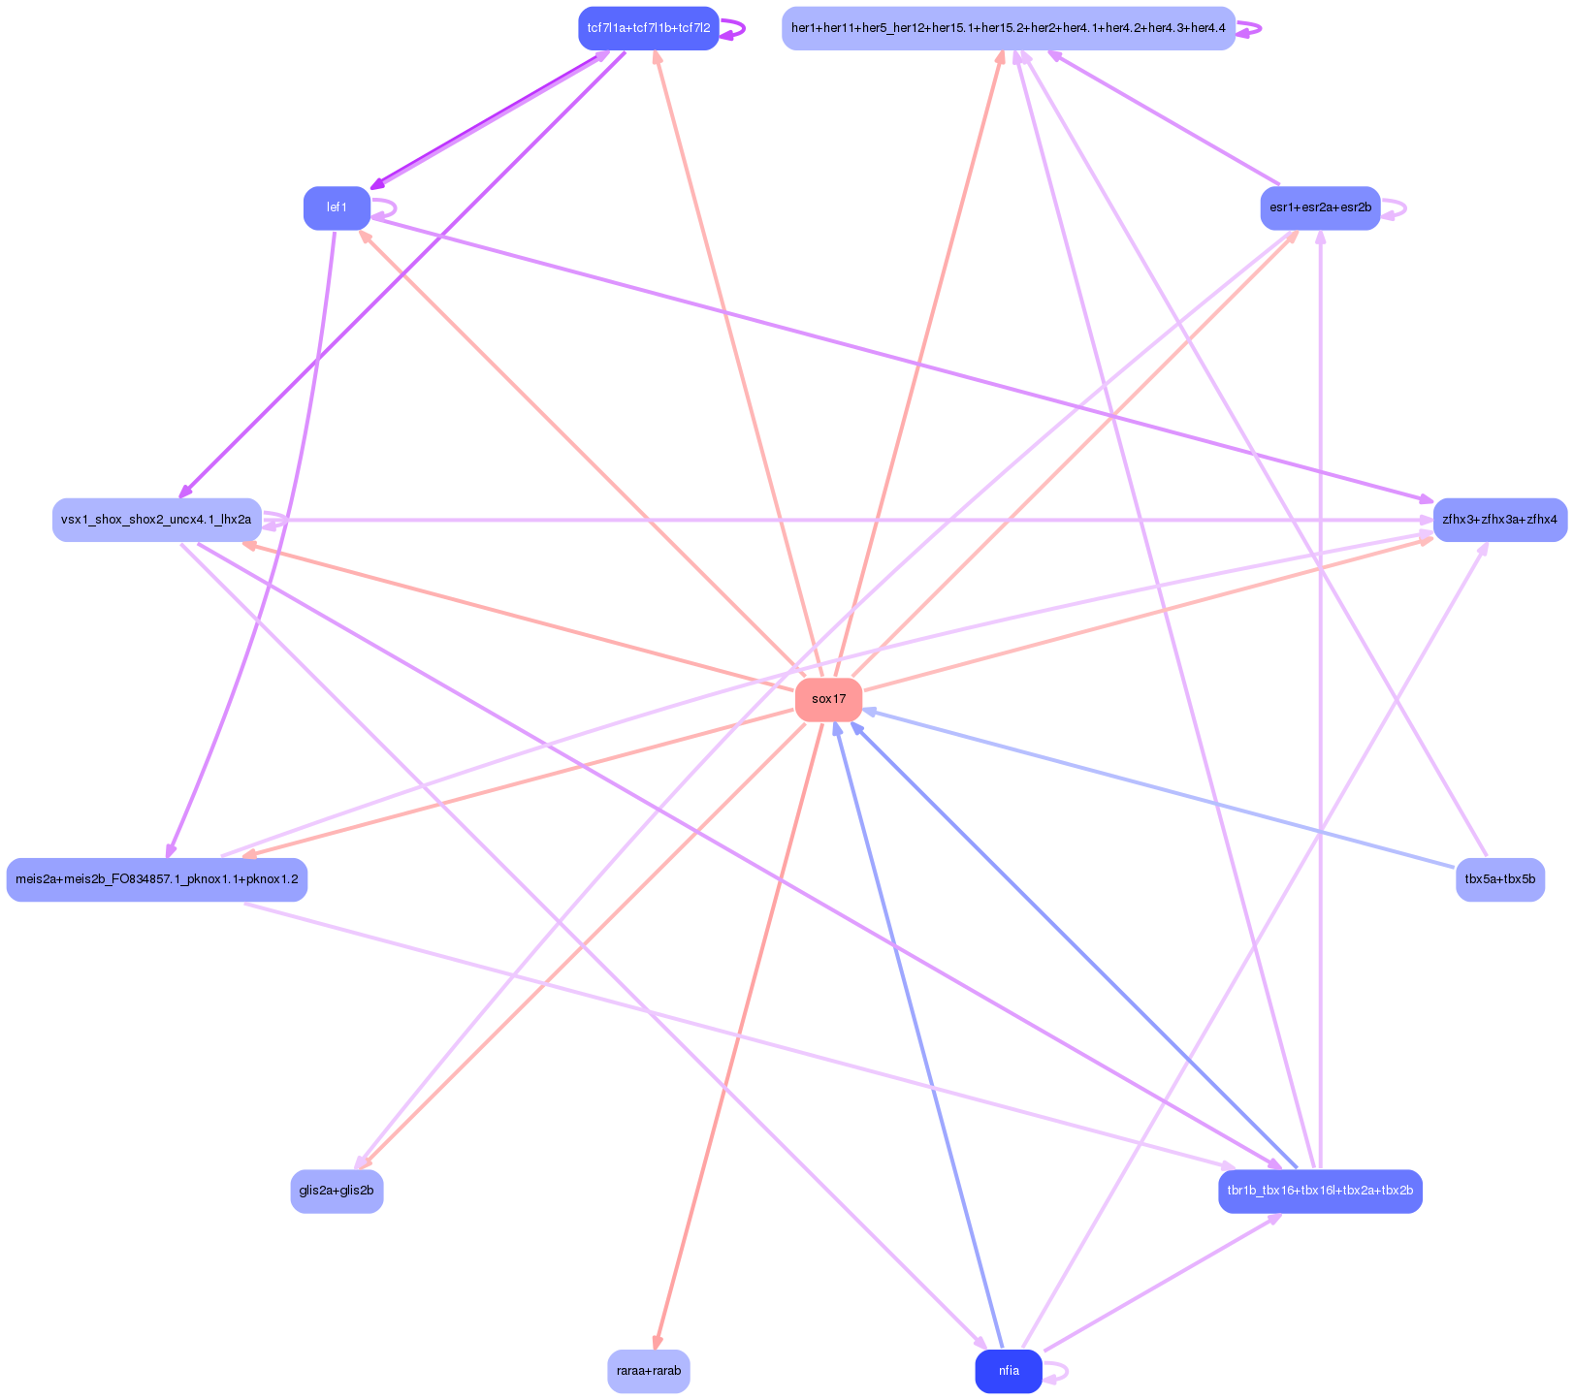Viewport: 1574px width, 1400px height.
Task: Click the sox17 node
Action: click(828, 699)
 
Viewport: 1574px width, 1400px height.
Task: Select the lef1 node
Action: click(337, 207)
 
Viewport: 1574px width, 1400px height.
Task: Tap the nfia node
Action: click(1009, 1371)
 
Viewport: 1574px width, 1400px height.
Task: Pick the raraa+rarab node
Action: click(649, 1371)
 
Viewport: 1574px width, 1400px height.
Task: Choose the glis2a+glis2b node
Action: click(337, 1191)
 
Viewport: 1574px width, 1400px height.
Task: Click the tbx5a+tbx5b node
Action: click(1499, 879)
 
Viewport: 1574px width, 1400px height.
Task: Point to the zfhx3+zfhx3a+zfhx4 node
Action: click(1499, 520)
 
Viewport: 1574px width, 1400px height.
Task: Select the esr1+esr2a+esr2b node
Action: click(1320, 207)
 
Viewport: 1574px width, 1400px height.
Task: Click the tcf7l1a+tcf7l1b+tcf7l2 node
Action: click(649, 28)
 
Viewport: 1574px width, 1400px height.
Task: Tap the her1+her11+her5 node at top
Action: click(1009, 28)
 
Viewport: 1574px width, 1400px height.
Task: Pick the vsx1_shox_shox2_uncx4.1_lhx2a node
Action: click(156, 520)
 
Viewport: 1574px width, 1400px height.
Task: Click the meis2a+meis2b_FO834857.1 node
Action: click(156, 879)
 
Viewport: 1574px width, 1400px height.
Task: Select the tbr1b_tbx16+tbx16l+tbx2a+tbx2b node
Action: click(1320, 1191)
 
